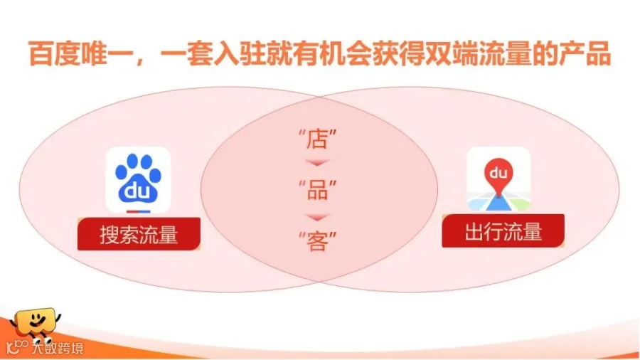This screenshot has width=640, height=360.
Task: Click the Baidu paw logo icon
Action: click(138, 180)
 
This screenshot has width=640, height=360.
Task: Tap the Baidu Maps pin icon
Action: click(498, 179)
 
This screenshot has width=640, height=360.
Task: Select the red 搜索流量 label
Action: click(139, 234)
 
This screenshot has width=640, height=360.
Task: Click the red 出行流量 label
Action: click(503, 231)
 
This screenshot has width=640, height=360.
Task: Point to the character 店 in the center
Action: click(317, 139)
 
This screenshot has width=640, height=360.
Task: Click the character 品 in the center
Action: click(317, 190)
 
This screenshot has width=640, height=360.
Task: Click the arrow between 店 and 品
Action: click(317, 163)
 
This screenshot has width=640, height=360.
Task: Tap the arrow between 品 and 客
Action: click(317, 217)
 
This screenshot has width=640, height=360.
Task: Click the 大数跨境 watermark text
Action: click(57, 348)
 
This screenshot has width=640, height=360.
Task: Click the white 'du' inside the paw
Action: click(137, 191)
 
